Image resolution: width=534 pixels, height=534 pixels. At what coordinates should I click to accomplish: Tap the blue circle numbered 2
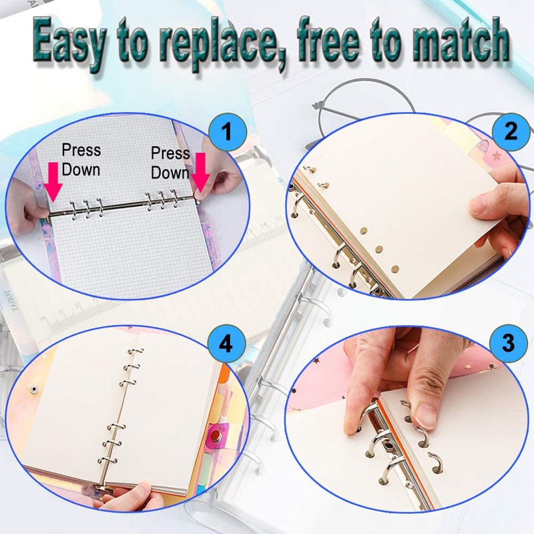[x=510, y=131]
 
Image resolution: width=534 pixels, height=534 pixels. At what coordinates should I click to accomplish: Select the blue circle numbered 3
[x=509, y=344]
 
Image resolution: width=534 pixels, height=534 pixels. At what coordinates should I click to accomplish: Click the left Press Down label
[x=81, y=160]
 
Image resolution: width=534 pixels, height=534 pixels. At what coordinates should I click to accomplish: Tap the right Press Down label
[x=170, y=163]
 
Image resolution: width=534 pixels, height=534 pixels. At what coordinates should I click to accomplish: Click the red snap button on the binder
[x=216, y=437]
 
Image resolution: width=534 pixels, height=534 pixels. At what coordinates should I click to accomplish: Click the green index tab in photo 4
[x=225, y=460]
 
